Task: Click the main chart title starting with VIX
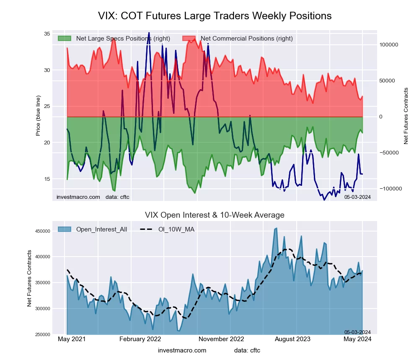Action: click(x=215, y=16)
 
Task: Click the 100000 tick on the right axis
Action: click(x=388, y=45)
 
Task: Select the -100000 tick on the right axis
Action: click(x=389, y=189)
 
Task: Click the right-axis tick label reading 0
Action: click(x=381, y=117)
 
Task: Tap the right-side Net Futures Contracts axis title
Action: click(x=406, y=116)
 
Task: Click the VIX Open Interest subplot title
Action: click(x=215, y=215)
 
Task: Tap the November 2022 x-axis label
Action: click(x=221, y=339)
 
